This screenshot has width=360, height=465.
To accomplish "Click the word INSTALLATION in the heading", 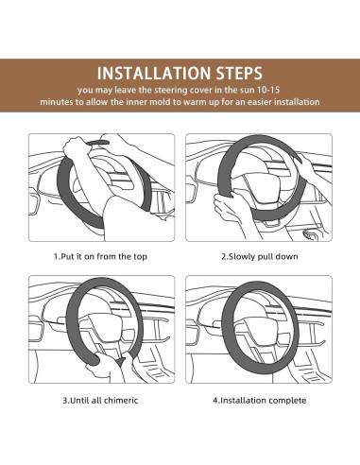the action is tap(154, 74).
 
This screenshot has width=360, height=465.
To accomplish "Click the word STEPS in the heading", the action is tap(239, 74).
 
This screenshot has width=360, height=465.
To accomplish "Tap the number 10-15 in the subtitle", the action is tap(268, 90).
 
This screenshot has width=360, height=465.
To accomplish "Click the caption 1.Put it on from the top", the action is tap(100, 257).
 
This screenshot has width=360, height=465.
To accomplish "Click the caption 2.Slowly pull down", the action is tap(260, 257).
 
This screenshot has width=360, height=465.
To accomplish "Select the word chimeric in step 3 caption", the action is tap(121, 401).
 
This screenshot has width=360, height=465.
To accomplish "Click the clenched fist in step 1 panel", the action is tap(75, 147).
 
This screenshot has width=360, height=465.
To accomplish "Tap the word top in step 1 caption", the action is tap(140, 257).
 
